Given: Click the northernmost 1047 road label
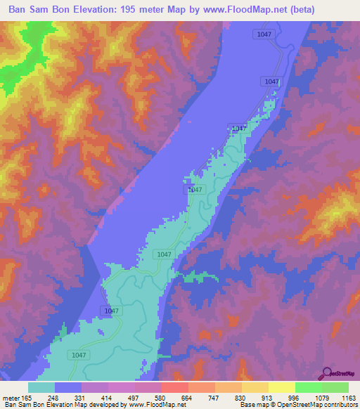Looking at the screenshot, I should pyautogui.click(x=264, y=34).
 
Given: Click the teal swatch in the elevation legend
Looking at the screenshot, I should pyautogui.click(x=41, y=387).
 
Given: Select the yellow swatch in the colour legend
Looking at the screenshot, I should pyautogui.click(x=281, y=387).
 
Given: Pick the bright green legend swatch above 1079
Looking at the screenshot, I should pyautogui.click(x=308, y=387).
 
